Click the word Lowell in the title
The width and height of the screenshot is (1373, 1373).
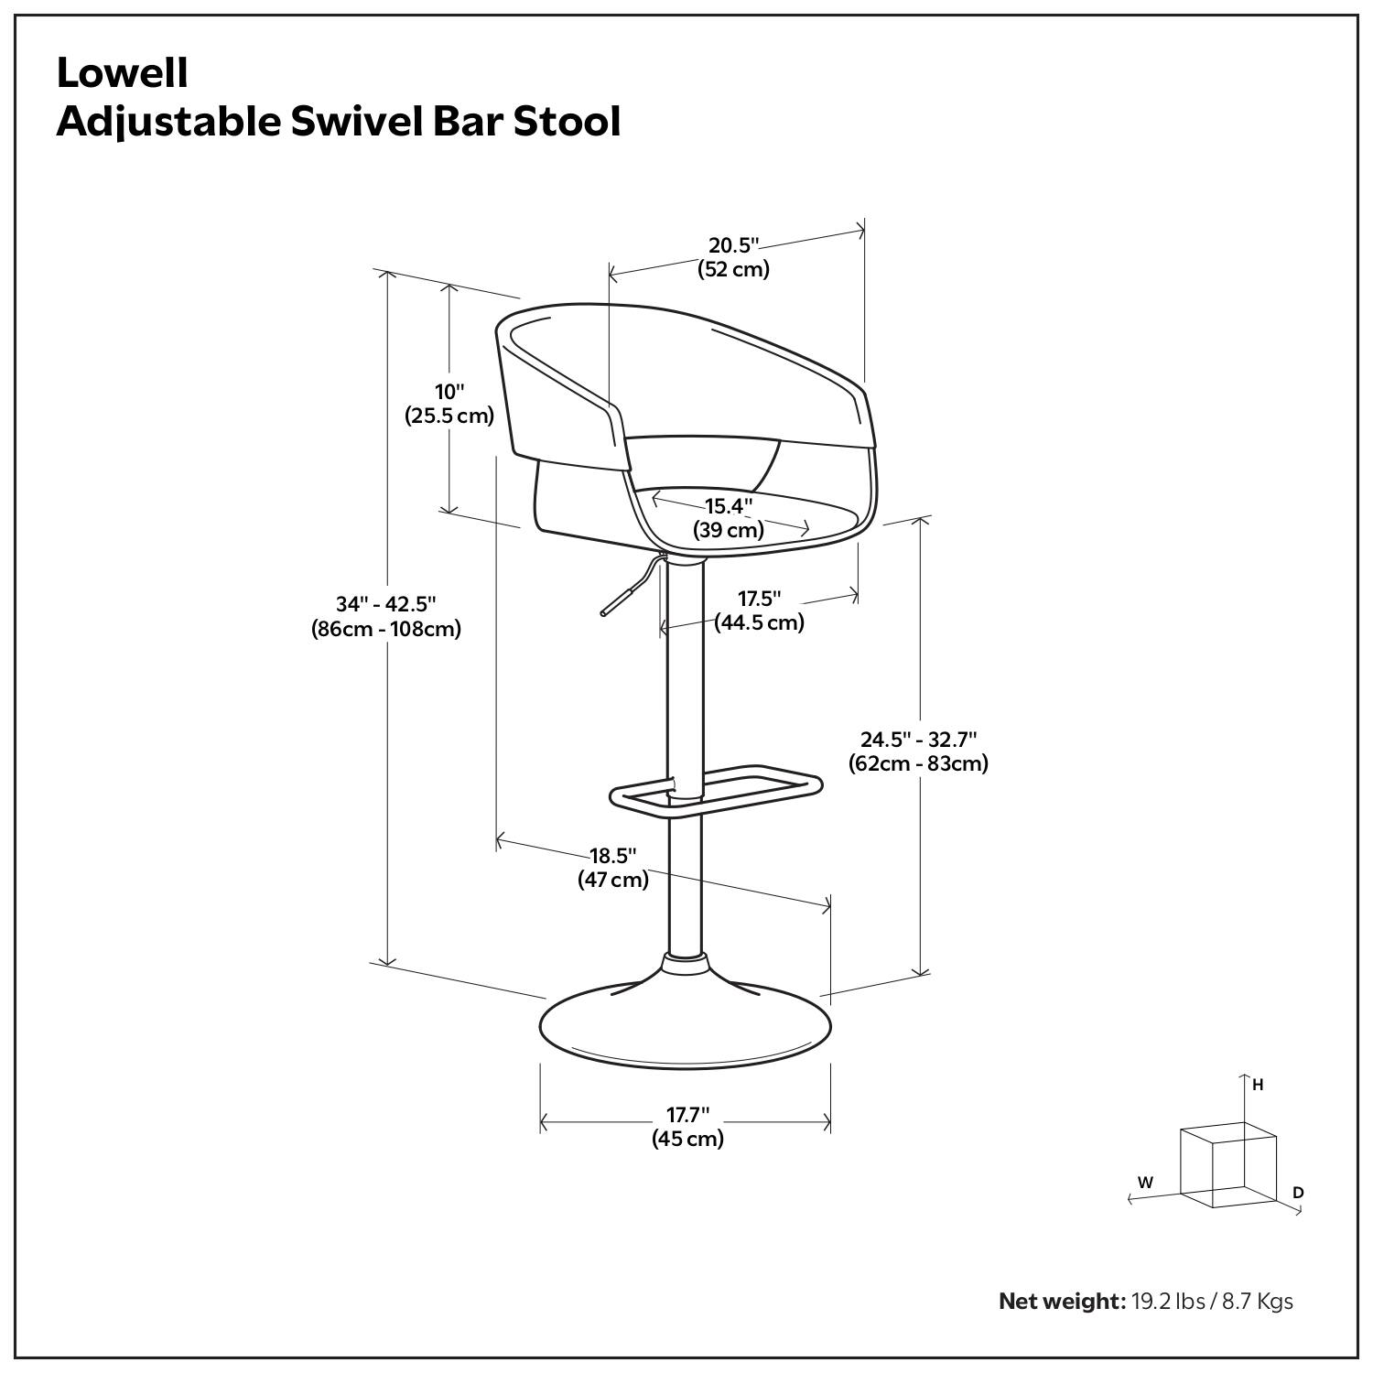[x=123, y=74]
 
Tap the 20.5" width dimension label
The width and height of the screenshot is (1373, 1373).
[x=734, y=245]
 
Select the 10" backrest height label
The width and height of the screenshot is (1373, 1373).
[x=449, y=392]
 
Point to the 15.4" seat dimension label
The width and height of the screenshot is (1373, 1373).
[x=729, y=506]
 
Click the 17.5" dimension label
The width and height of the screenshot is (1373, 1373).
[x=760, y=599]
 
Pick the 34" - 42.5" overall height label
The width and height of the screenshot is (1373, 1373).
[x=385, y=604]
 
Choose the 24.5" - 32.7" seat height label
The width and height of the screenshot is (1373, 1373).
[x=918, y=739]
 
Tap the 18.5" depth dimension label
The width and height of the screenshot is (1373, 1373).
[x=612, y=856]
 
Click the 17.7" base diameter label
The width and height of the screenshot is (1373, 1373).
[x=687, y=1115]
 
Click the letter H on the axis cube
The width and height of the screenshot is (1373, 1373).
[x=1258, y=1085]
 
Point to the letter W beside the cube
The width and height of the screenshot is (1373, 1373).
[x=1145, y=1183]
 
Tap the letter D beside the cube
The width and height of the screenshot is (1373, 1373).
[x=1298, y=1193]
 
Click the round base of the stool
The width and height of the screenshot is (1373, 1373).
[x=686, y=1025]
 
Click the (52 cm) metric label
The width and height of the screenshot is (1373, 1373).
[x=734, y=270]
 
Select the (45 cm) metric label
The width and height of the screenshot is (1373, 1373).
[x=687, y=1140]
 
